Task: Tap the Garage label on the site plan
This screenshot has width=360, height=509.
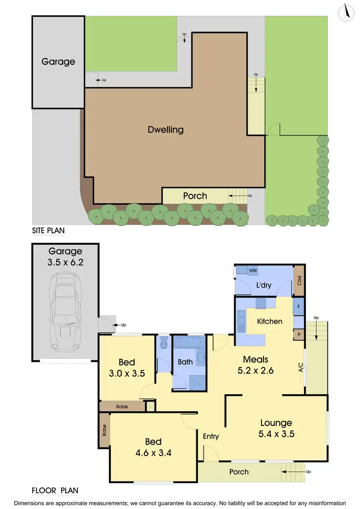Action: coord(58,61)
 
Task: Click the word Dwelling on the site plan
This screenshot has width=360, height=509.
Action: coord(165,130)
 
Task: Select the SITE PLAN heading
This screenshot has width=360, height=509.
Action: coord(48,230)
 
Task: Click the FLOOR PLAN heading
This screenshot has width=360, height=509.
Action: coord(55,491)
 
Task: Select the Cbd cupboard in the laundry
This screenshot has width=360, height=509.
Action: coord(299,279)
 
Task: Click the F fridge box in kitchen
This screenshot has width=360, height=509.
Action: coord(299,306)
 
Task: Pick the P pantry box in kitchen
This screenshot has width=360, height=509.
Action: coord(299,334)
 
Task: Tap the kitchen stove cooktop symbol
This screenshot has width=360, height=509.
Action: coord(262,303)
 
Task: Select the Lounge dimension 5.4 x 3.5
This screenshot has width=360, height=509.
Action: coord(276,434)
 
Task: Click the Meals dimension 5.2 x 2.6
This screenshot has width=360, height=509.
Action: coord(255,370)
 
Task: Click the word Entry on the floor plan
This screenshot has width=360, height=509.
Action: coord(211,436)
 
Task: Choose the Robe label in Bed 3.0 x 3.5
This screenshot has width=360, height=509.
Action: coord(122,406)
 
